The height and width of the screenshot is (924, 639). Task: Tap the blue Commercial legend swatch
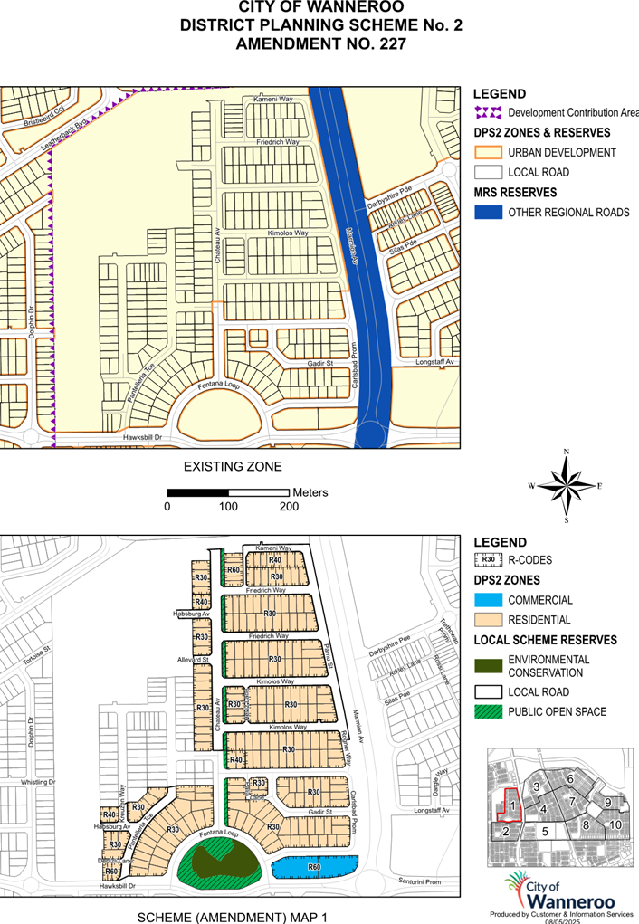pos(489,600)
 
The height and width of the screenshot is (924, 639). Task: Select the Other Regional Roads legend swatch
pos(489,213)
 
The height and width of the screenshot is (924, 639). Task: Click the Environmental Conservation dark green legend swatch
pos(489,666)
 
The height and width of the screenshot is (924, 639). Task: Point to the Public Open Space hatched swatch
pos(489,712)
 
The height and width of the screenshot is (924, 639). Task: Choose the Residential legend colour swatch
pos(489,620)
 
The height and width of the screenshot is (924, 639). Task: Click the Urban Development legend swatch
pos(489,152)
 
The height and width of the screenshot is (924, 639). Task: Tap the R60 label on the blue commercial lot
pos(314,867)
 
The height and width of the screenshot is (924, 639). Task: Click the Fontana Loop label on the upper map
pos(218,388)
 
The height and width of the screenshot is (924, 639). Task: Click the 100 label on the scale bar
pos(228,507)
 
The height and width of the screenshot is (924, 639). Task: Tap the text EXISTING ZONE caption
pos(233,467)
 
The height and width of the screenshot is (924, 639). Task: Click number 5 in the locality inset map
pos(545,830)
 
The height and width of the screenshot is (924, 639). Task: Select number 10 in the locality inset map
pos(615,825)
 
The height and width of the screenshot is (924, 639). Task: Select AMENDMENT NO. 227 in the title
pos(319,43)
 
